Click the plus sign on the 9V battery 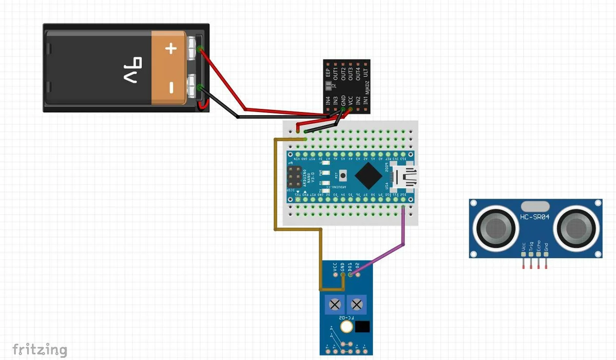click(171, 49)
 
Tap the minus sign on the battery click(171, 88)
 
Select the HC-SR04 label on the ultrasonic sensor click(534, 217)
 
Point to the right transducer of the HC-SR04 click(575, 226)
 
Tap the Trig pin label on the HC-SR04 click(531, 247)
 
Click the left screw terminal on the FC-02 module click(335, 305)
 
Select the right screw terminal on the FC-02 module click(355, 305)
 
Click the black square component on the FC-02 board click(363, 327)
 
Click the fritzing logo click(40, 350)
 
